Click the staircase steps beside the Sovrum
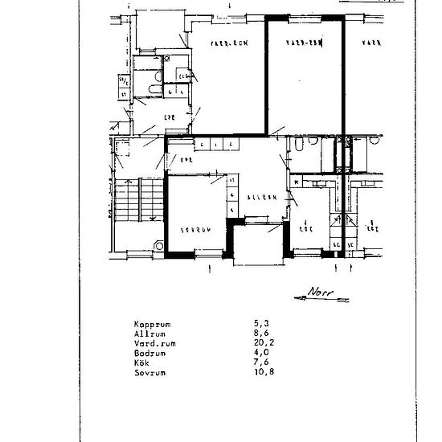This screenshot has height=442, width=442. [129, 201]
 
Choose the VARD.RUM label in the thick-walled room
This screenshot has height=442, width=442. [305, 43]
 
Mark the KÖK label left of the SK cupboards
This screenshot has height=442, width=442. [306, 228]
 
